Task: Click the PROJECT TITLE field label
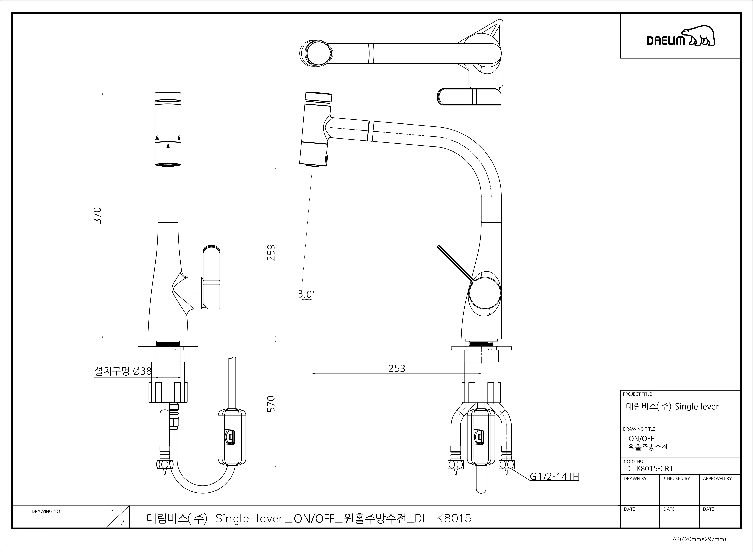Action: [637, 394]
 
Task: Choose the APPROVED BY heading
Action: [717, 478]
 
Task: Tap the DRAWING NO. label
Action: [46, 511]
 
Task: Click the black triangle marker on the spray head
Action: [168, 146]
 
